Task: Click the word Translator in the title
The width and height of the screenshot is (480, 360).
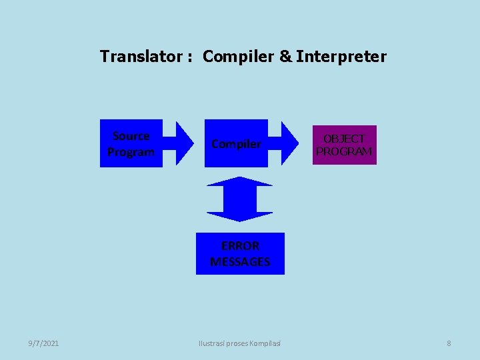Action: pos(141,57)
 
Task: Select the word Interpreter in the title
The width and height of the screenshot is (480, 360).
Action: pos(341,57)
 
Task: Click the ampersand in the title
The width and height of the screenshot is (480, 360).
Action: pos(285,57)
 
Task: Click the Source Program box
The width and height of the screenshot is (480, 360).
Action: pos(131,143)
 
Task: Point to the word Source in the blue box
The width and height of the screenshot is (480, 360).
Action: pos(131,136)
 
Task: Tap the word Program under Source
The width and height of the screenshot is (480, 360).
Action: pos(131,152)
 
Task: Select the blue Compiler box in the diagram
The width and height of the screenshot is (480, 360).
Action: pos(236,143)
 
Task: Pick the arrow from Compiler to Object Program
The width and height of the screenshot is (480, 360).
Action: pos(289,143)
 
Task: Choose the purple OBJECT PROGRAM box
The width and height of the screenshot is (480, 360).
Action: pos(345,145)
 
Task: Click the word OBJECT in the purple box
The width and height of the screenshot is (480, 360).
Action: pos(344,139)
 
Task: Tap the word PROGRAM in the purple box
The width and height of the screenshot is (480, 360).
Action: pos(344,151)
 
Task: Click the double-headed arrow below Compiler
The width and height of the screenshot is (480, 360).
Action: pos(239,199)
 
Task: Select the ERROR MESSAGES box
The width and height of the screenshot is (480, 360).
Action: pos(240,253)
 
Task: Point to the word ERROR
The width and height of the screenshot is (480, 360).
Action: pos(240,245)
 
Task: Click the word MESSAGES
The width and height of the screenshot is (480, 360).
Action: pos(240,261)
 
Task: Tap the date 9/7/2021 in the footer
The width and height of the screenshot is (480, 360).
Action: pos(43,343)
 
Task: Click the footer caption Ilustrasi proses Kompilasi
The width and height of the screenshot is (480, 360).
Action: pos(240,343)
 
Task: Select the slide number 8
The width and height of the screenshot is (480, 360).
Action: pos(449,343)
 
